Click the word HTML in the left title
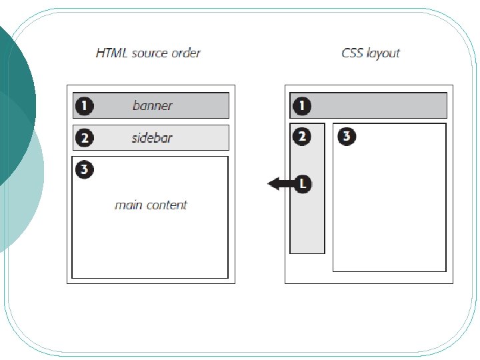[111, 53]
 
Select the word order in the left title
[185, 53]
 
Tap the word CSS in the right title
[352, 53]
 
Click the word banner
[152, 105]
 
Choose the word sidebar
[152, 138]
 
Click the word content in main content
[167, 205]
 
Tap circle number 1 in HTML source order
[84, 105]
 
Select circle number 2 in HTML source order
[84, 138]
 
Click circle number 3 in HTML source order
[84, 169]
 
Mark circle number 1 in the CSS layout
[302, 105]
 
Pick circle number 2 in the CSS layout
[302, 137]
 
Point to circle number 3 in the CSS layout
[346, 137]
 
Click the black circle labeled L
[302, 183]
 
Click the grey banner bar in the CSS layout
[380, 105]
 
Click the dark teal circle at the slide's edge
[13, 100]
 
